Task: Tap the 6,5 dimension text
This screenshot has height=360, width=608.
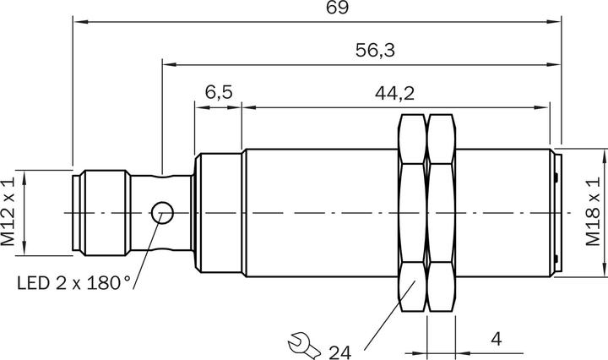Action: coord(218,92)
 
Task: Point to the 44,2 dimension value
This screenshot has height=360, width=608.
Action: coord(394,92)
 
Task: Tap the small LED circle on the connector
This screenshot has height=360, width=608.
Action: coord(161,213)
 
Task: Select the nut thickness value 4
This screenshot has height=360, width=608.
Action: coord(497,340)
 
